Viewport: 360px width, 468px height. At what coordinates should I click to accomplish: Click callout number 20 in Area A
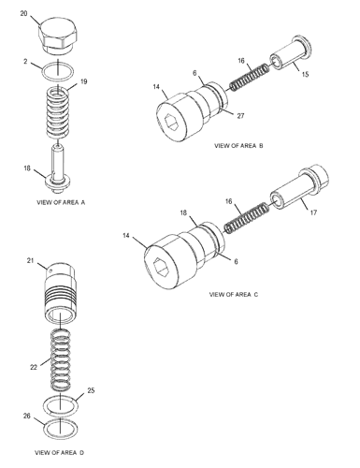point(24,16)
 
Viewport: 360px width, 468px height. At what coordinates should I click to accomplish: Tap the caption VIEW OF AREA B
point(239,147)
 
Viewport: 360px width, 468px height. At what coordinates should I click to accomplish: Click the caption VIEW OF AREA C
point(234,295)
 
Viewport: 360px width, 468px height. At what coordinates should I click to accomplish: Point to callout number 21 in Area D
point(29,260)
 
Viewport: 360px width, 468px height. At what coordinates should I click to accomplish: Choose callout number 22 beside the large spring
point(33,367)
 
